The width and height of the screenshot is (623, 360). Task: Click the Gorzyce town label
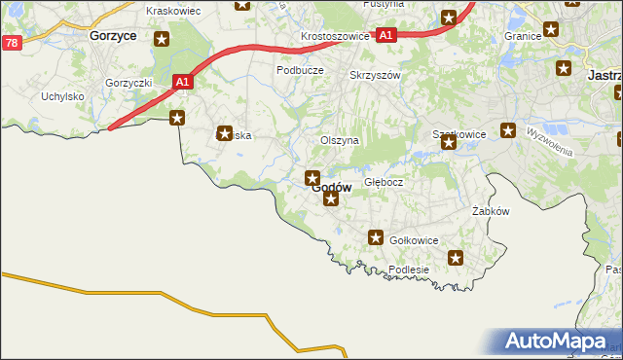point(112,35)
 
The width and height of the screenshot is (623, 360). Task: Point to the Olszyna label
point(340,140)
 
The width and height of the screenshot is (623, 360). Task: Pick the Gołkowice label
point(414,240)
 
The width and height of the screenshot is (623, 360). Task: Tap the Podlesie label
point(409,270)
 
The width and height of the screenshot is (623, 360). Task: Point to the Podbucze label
point(300,70)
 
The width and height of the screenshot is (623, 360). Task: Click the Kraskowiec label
point(172,11)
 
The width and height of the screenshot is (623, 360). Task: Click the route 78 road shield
point(12,43)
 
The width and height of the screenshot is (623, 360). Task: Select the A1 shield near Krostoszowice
point(386,35)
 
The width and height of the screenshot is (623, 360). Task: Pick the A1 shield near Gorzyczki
point(182,83)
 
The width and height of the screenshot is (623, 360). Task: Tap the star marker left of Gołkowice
point(376,237)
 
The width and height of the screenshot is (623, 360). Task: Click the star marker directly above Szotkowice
point(448,143)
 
